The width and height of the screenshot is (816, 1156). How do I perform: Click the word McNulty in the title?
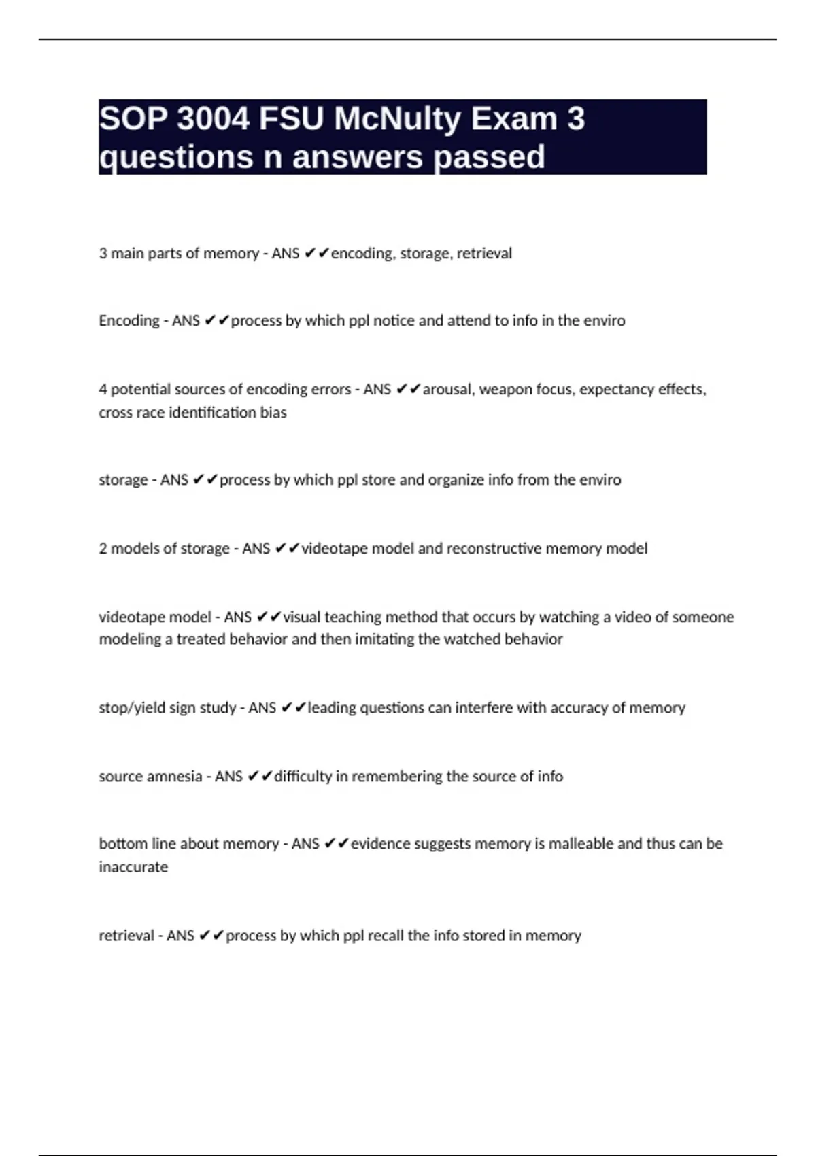click(x=398, y=119)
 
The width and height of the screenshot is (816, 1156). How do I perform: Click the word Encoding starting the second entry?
click(x=129, y=320)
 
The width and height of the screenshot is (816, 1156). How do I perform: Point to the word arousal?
click(x=449, y=389)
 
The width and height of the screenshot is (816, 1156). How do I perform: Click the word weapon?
click(x=505, y=389)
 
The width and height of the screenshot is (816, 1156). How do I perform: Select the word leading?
click(x=331, y=708)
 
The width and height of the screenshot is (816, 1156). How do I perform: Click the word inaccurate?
click(x=133, y=867)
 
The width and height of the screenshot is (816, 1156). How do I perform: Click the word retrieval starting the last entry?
click(x=126, y=936)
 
